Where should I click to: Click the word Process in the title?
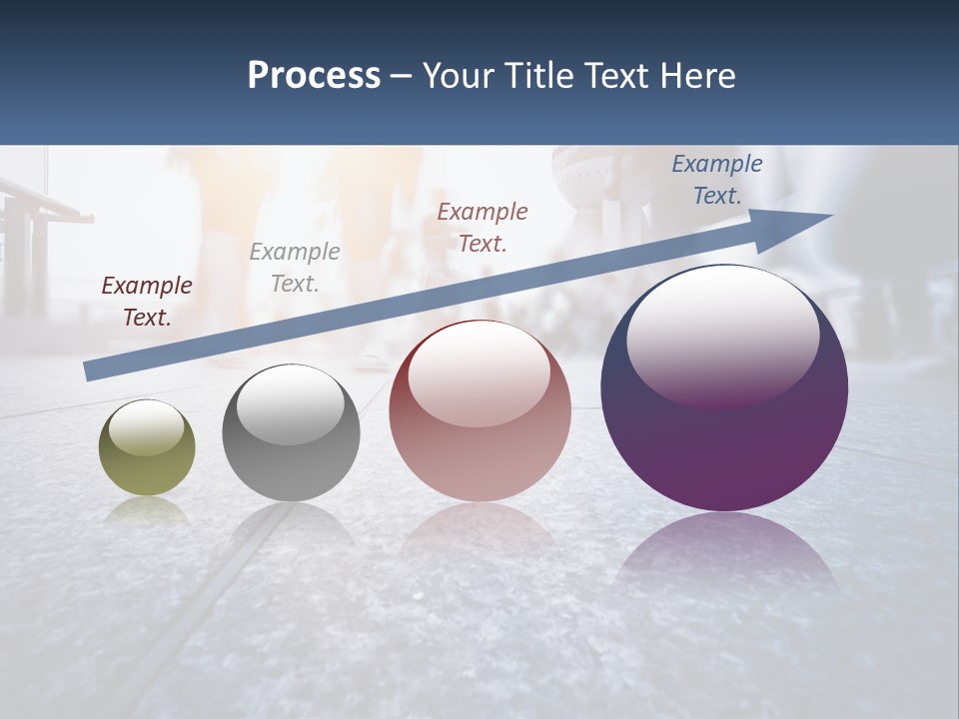pyautogui.click(x=314, y=76)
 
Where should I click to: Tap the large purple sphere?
pyautogui.click(x=724, y=439)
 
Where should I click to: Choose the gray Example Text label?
pyautogui.click(x=295, y=268)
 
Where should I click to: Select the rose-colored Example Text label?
pyautogui.click(x=482, y=227)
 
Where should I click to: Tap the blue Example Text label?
pyautogui.click(x=717, y=180)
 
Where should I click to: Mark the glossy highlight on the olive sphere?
pyautogui.click(x=146, y=428)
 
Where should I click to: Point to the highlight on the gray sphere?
pyautogui.click(x=290, y=404)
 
